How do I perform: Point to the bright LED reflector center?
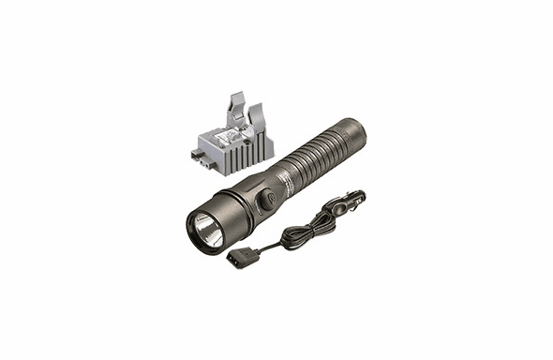pyautogui.click(x=205, y=228)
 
